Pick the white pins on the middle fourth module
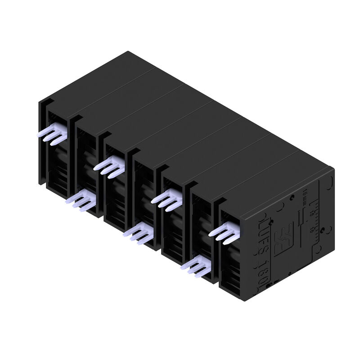[x=139, y=234]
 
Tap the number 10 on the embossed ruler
[x=312, y=229]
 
